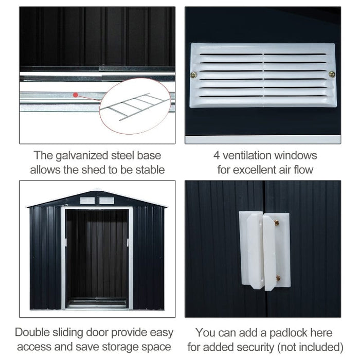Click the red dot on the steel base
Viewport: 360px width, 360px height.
pyautogui.click(x=76, y=95)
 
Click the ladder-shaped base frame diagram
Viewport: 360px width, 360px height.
pyautogui.click(x=133, y=106)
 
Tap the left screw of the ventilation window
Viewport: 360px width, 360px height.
pyautogui.click(x=194, y=75)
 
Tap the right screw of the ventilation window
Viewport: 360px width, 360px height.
pyautogui.click(x=332, y=74)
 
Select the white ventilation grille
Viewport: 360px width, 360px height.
pyautogui.click(x=263, y=75)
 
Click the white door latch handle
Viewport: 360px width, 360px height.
pyautogui.click(x=264, y=250)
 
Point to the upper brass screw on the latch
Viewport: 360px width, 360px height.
pyautogui.click(x=277, y=223)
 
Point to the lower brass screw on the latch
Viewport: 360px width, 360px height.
pyautogui.click(x=278, y=278)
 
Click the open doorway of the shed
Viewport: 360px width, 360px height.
pyautogui.click(x=97, y=257)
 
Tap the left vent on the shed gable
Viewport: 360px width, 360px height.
pyautogui.click(x=87, y=200)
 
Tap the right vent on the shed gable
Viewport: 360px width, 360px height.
pyautogui.click(x=106, y=200)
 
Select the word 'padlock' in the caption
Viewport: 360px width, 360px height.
pyautogui.click(x=282, y=333)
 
